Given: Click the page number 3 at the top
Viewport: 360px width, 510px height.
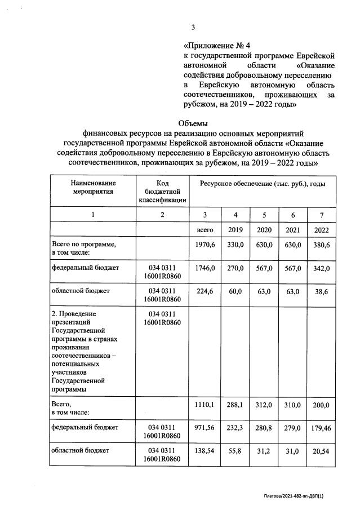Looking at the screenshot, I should point(193,26).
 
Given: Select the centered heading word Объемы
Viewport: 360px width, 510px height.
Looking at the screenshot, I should point(193,124).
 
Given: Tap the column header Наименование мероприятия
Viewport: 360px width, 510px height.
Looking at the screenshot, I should point(94,187).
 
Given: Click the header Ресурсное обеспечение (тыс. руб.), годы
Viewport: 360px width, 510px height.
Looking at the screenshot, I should point(261,184).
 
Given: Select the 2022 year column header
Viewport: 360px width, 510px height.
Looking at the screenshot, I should point(321,230).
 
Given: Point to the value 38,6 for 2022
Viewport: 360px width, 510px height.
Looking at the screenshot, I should point(321,291).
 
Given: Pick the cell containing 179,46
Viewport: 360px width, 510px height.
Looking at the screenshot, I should point(321,428).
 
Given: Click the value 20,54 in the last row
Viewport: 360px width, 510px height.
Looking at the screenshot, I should point(321,451).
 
